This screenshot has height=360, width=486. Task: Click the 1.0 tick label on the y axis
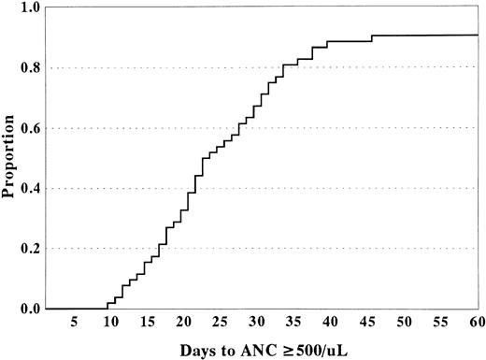point(31,7)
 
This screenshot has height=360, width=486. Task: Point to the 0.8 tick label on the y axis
point(31,68)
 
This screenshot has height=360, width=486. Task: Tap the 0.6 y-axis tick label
point(31,128)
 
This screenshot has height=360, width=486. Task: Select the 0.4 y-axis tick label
point(31,189)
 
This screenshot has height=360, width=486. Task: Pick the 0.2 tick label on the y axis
point(31,249)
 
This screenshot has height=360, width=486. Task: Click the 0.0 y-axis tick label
point(31,309)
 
